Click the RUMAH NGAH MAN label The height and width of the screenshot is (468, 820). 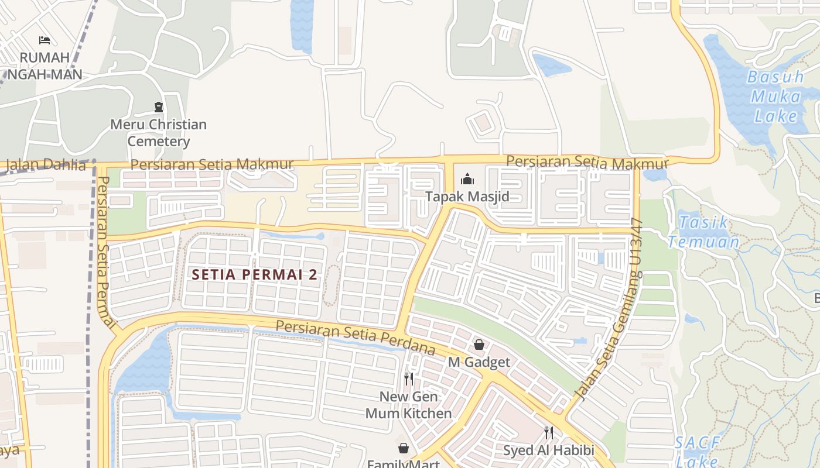coord(45,66)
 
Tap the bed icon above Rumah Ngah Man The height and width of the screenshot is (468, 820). coord(45,40)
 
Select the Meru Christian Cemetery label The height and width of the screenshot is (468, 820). coord(159,133)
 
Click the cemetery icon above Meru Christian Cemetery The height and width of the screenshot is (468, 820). coord(159,106)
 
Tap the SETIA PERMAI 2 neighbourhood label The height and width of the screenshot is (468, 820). coord(255,274)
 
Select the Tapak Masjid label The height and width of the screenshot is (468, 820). coord(467,197)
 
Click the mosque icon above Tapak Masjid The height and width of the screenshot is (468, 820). coord(467,178)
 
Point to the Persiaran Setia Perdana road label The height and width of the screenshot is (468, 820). coord(356,338)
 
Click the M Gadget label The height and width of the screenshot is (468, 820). coord(479,363)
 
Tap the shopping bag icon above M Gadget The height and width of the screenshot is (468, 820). coord(479,345)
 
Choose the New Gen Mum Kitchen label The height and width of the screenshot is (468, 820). coord(409,405)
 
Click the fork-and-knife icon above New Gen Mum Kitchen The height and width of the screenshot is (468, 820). coord(409,378)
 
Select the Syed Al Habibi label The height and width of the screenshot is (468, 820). coord(549,450)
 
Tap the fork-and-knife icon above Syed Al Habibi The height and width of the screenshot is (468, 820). coord(549,433)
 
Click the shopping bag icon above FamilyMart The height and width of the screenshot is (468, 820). coord(404,448)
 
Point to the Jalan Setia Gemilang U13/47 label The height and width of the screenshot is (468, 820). coord(610,310)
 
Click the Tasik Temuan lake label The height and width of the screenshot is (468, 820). coord(703,232)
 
